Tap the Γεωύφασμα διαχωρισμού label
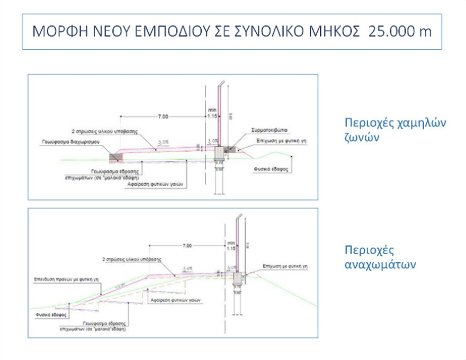coord(73,142)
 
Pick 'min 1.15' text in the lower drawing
coord(230,245)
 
